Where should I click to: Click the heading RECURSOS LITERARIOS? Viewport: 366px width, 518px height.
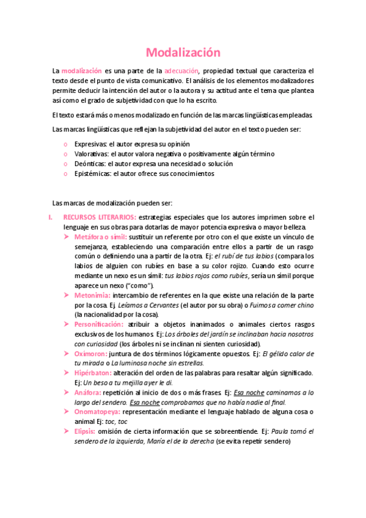(x=100, y=217)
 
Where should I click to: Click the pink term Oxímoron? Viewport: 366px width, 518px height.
(x=91, y=354)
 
